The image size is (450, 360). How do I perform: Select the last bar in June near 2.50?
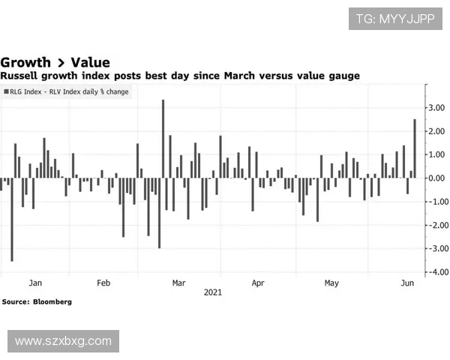click(x=415, y=148)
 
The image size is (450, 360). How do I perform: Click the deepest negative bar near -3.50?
click(x=11, y=219)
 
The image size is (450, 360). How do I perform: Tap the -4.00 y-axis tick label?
click(x=435, y=271)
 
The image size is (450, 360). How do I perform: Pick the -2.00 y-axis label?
click(x=435, y=225)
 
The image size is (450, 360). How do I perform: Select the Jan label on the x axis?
click(x=34, y=283)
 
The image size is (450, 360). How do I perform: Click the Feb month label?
click(x=103, y=283)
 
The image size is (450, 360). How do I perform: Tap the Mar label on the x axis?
click(x=178, y=283)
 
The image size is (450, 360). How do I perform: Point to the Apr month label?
click(x=258, y=283)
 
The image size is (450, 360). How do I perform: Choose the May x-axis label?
click(x=331, y=283)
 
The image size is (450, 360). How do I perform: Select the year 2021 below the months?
click(x=213, y=292)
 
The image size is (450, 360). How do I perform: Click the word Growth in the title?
click(x=25, y=62)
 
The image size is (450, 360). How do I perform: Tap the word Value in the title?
click(x=90, y=62)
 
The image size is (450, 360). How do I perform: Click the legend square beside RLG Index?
click(x=7, y=91)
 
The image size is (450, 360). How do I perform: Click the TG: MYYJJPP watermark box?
click(x=394, y=18)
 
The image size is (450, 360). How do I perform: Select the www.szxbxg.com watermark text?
click(x=63, y=341)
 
